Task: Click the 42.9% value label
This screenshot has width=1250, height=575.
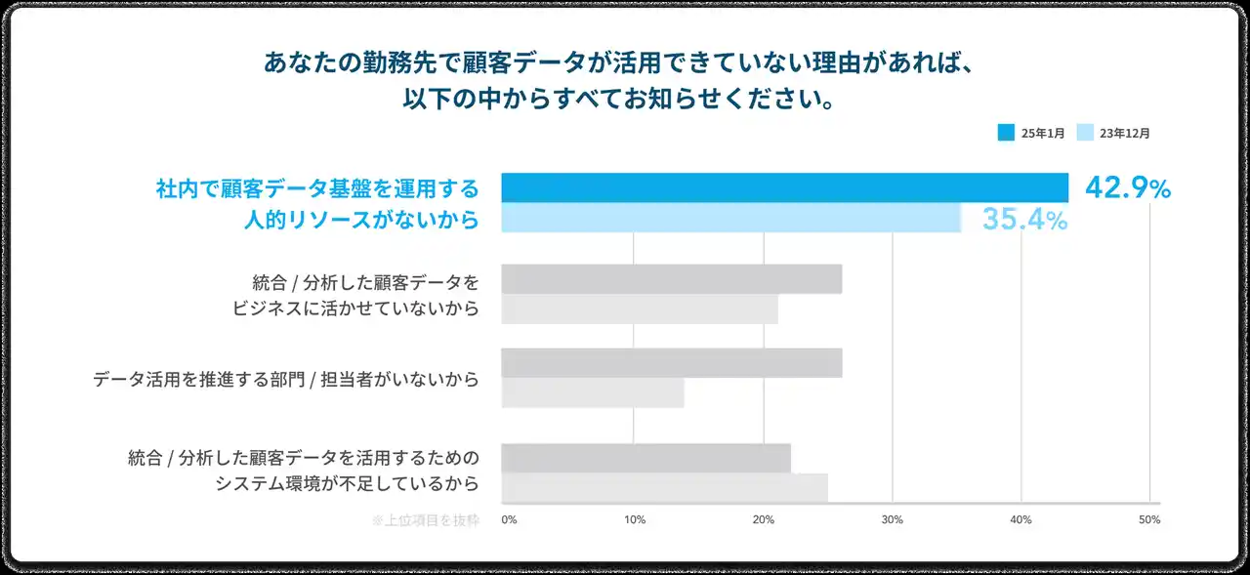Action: click(1127, 189)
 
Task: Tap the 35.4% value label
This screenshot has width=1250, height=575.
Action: click(1023, 220)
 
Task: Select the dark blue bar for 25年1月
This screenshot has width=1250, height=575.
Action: click(784, 187)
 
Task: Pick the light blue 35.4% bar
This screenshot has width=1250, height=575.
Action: click(730, 218)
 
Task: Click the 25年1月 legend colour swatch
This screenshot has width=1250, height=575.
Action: click(1006, 133)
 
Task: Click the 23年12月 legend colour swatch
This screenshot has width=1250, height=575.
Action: click(1084, 133)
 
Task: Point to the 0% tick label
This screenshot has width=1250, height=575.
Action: click(509, 520)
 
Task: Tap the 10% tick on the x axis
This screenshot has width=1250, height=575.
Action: click(635, 520)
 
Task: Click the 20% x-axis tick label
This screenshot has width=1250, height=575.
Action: click(764, 520)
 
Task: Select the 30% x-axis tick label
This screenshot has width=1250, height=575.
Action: click(893, 520)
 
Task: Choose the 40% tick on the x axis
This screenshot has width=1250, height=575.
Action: click(1021, 520)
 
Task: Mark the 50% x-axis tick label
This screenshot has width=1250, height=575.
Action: click(1149, 520)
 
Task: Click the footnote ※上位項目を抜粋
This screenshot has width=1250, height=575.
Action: click(426, 520)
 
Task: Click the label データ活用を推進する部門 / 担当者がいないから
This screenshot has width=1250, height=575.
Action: click(286, 379)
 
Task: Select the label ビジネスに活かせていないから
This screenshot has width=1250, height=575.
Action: click(354, 309)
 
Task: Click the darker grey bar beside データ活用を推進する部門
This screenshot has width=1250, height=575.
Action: click(671, 363)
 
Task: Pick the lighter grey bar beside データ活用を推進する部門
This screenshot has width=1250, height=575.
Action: click(592, 393)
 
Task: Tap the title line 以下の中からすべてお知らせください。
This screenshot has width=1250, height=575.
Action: click(620, 101)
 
